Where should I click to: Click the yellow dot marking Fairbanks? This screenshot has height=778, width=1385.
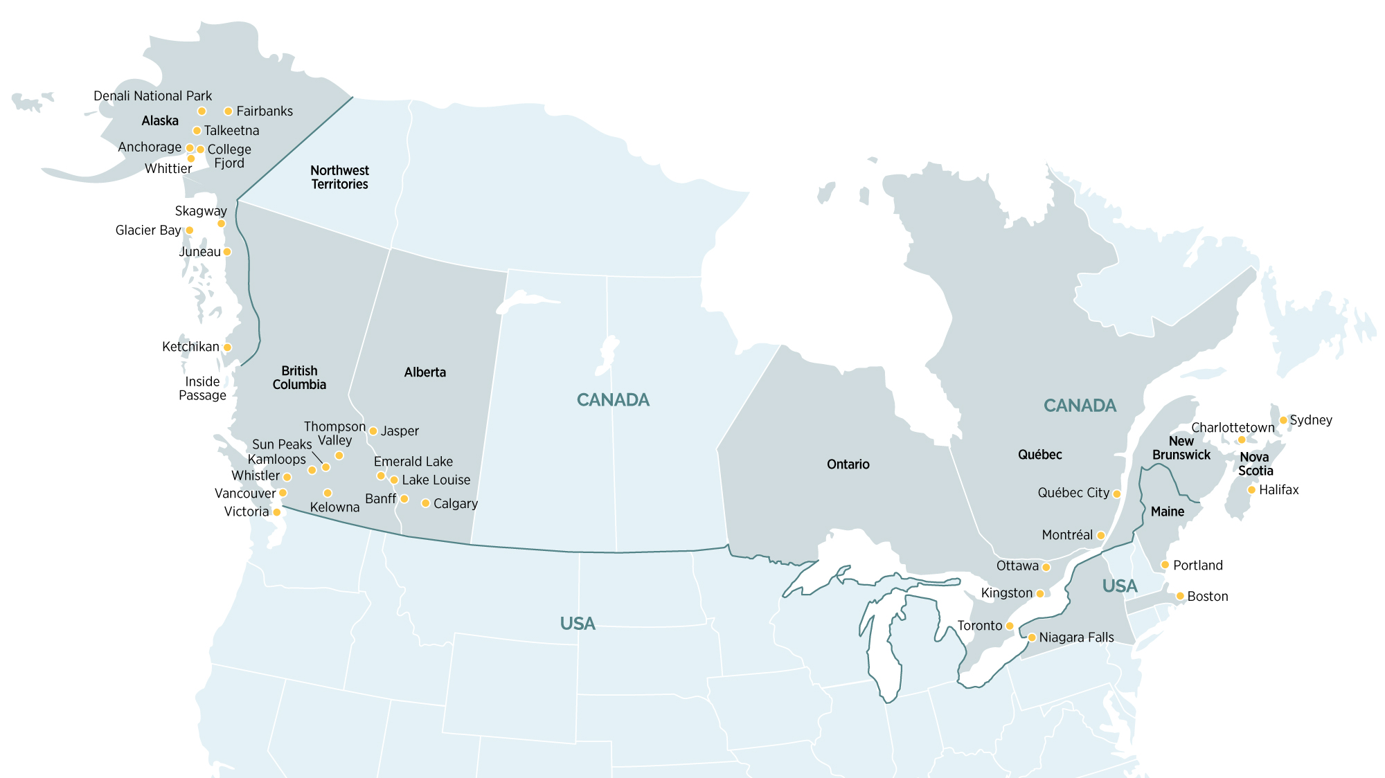click(x=228, y=111)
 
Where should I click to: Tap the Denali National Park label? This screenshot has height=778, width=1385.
click(x=152, y=96)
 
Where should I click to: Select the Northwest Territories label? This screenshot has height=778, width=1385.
click(x=339, y=177)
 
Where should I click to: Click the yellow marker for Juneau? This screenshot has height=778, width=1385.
click(x=227, y=252)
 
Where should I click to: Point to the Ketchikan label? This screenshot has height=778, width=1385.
click(x=190, y=347)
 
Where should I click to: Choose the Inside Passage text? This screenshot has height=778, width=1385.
click(x=202, y=388)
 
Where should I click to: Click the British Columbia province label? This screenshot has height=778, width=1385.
click(x=299, y=378)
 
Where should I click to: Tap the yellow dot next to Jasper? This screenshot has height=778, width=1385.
click(x=373, y=431)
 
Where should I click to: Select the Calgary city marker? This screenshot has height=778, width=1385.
click(x=425, y=503)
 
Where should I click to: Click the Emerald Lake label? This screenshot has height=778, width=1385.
click(x=413, y=462)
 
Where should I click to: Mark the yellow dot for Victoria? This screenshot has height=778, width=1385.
click(x=277, y=512)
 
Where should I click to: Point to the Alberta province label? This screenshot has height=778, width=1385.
click(x=425, y=372)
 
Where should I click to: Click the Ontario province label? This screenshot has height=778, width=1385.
click(x=848, y=464)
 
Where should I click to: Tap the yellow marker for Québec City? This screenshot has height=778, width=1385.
click(x=1116, y=494)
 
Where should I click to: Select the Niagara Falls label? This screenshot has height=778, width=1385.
click(x=1076, y=637)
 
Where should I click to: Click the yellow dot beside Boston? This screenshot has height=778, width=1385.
click(x=1180, y=596)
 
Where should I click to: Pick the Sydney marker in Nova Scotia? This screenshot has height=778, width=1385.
click(x=1283, y=420)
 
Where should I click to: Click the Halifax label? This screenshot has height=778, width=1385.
click(x=1278, y=490)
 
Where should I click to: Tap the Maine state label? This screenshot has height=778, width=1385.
click(x=1168, y=512)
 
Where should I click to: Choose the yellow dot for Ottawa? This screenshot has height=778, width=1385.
click(x=1046, y=568)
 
